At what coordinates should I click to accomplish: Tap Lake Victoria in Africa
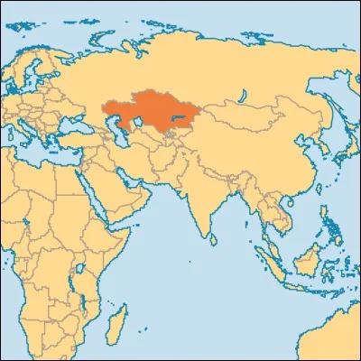coord(79,262)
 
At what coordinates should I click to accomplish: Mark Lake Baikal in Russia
coord(245,87)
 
